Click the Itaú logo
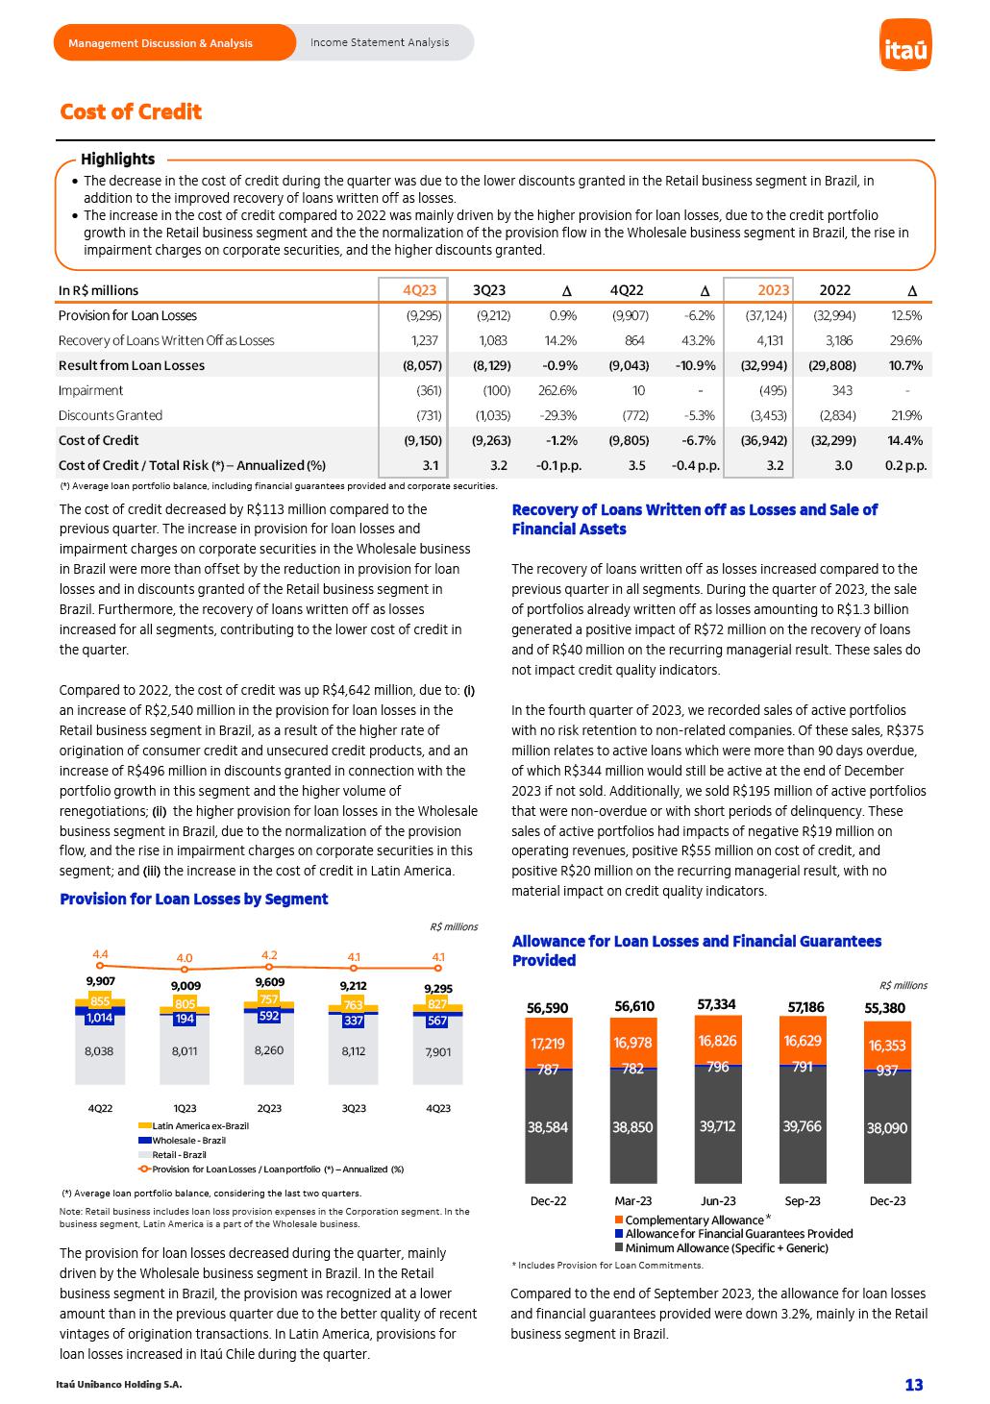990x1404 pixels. (905, 47)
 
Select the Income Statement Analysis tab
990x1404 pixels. (379, 42)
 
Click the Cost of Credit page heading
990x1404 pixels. (131, 112)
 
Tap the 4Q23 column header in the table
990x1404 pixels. (419, 290)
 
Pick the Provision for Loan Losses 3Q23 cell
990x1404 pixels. (493, 315)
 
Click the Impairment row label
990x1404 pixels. (91, 390)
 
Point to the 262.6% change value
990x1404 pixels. (557, 390)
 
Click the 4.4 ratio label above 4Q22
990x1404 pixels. (100, 954)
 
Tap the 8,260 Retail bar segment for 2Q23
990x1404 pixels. (269, 1050)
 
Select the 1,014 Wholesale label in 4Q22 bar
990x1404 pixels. (99, 1019)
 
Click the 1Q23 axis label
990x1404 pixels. (185, 1108)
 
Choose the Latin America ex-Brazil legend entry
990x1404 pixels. (200, 1125)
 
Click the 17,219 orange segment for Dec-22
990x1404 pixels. (548, 1044)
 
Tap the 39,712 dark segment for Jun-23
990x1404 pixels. (718, 1126)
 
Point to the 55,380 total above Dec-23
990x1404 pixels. (885, 1008)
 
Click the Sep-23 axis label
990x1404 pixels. (803, 1200)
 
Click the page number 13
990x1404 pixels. (913, 1384)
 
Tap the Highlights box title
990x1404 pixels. (117, 159)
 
